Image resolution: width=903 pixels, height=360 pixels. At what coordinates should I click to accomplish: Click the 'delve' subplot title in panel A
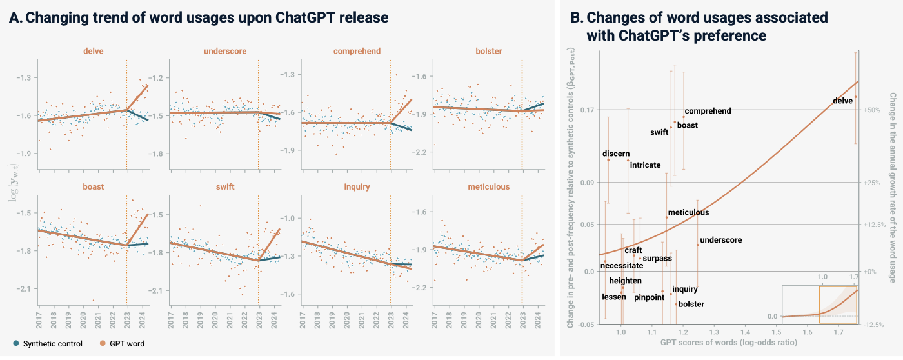point(94,51)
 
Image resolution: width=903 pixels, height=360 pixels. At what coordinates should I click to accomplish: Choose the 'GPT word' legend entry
point(123,344)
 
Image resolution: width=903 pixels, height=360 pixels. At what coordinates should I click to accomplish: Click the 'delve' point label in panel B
point(843,101)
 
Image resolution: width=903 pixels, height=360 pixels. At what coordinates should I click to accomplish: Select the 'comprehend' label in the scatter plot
point(708,111)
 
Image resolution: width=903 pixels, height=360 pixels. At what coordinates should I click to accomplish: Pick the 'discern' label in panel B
point(616,154)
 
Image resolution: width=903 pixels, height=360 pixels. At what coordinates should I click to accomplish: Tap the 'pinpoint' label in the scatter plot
point(649,297)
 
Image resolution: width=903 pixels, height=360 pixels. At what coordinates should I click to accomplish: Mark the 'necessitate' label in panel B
point(622,265)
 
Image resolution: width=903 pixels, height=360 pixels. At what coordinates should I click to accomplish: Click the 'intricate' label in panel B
point(645,165)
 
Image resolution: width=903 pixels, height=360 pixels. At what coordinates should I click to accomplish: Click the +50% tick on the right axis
point(872,110)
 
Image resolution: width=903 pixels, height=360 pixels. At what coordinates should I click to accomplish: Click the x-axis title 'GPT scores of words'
point(728,343)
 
